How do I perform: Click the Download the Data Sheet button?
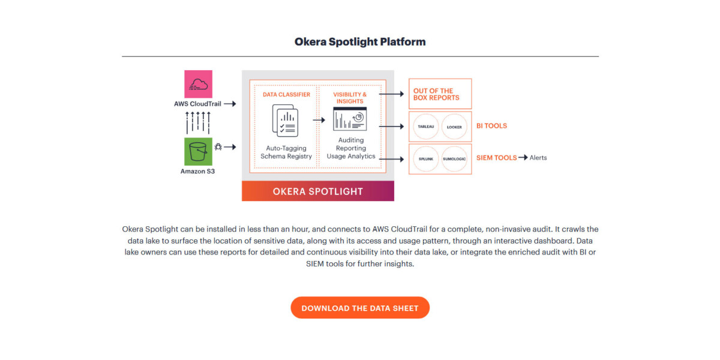[360, 308]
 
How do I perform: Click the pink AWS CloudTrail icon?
[197, 84]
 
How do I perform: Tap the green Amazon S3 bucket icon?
[197, 152]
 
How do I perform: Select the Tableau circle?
[426, 127]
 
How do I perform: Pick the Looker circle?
[454, 127]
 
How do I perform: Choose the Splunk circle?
[426, 159]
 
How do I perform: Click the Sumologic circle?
[454, 159]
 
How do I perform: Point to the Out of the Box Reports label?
[436, 94]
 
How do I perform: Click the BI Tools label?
[491, 126]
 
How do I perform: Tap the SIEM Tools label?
[496, 158]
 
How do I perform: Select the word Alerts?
[538, 158]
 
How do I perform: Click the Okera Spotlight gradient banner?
[318, 191]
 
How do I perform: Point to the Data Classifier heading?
[287, 95]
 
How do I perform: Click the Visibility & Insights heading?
[350, 98]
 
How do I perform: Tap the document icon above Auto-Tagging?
[285, 120]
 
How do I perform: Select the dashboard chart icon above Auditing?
[350, 119]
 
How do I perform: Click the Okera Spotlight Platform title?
[360, 42]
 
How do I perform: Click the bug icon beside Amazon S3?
[218, 146]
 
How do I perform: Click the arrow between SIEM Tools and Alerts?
[523, 158]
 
